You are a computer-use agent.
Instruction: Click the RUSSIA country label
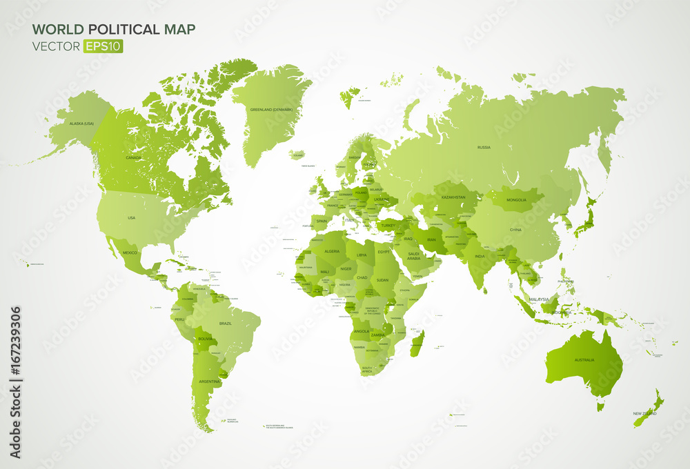[x=484, y=147]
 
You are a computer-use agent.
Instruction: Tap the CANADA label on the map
[x=133, y=157]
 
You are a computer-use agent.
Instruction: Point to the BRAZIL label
[x=226, y=323]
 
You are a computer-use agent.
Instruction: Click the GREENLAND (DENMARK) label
[x=271, y=109]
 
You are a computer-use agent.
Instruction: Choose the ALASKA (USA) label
[x=81, y=123]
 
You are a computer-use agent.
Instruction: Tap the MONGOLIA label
[x=516, y=200]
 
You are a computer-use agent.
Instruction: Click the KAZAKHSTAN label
[x=453, y=197]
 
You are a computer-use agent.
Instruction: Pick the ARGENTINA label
[x=210, y=381]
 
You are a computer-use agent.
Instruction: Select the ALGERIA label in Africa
[x=332, y=251]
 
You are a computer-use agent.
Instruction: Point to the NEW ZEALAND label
[x=644, y=414]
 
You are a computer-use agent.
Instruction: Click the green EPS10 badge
[x=102, y=46]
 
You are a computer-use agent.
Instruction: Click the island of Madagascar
[x=417, y=343]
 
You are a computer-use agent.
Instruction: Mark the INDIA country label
[x=480, y=257]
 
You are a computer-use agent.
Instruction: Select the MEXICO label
[x=130, y=252]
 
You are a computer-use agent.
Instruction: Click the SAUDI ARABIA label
[x=414, y=256]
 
